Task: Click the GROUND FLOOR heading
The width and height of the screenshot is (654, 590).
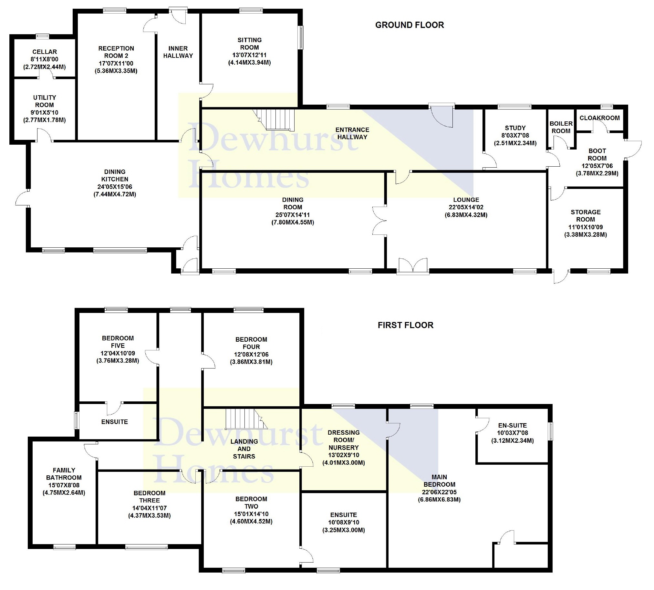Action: [x=409, y=25]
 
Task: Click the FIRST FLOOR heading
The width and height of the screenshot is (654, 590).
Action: [x=405, y=325]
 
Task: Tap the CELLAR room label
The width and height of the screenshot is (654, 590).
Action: [x=45, y=52]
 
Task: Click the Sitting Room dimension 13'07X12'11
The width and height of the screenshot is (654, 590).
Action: [x=249, y=55]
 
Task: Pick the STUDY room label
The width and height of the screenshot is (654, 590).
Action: [x=515, y=128]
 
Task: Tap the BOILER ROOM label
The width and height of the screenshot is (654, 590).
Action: [x=561, y=127]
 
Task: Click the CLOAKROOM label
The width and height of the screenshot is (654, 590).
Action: [x=599, y=118]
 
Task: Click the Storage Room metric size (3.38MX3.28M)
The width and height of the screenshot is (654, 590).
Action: [x=585, y=234]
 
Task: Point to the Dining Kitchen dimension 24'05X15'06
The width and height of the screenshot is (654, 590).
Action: [x=114, y=187]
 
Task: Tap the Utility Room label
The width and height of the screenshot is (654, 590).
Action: [x=45, y=101]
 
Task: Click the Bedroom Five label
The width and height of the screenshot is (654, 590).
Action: [x=118, y=342]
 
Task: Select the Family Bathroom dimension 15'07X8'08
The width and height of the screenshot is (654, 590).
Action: [x=64, y=485]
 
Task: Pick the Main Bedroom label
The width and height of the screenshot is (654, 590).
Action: [x=439, y=481]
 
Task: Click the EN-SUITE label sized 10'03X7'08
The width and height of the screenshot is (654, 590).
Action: [x=512, y=425]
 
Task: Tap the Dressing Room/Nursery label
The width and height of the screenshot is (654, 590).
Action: [x=343, y=440]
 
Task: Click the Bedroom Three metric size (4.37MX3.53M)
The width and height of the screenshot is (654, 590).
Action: [x=150, y=515]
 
